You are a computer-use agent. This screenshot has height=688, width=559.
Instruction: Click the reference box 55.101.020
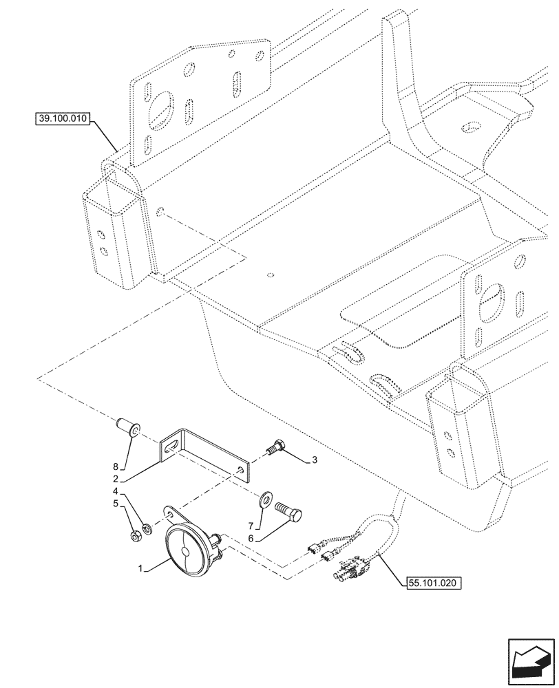tap(431, 582)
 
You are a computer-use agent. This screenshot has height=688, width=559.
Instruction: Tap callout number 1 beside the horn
tap(141, 569)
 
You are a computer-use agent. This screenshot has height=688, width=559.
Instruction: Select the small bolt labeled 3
tap(276, 448)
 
